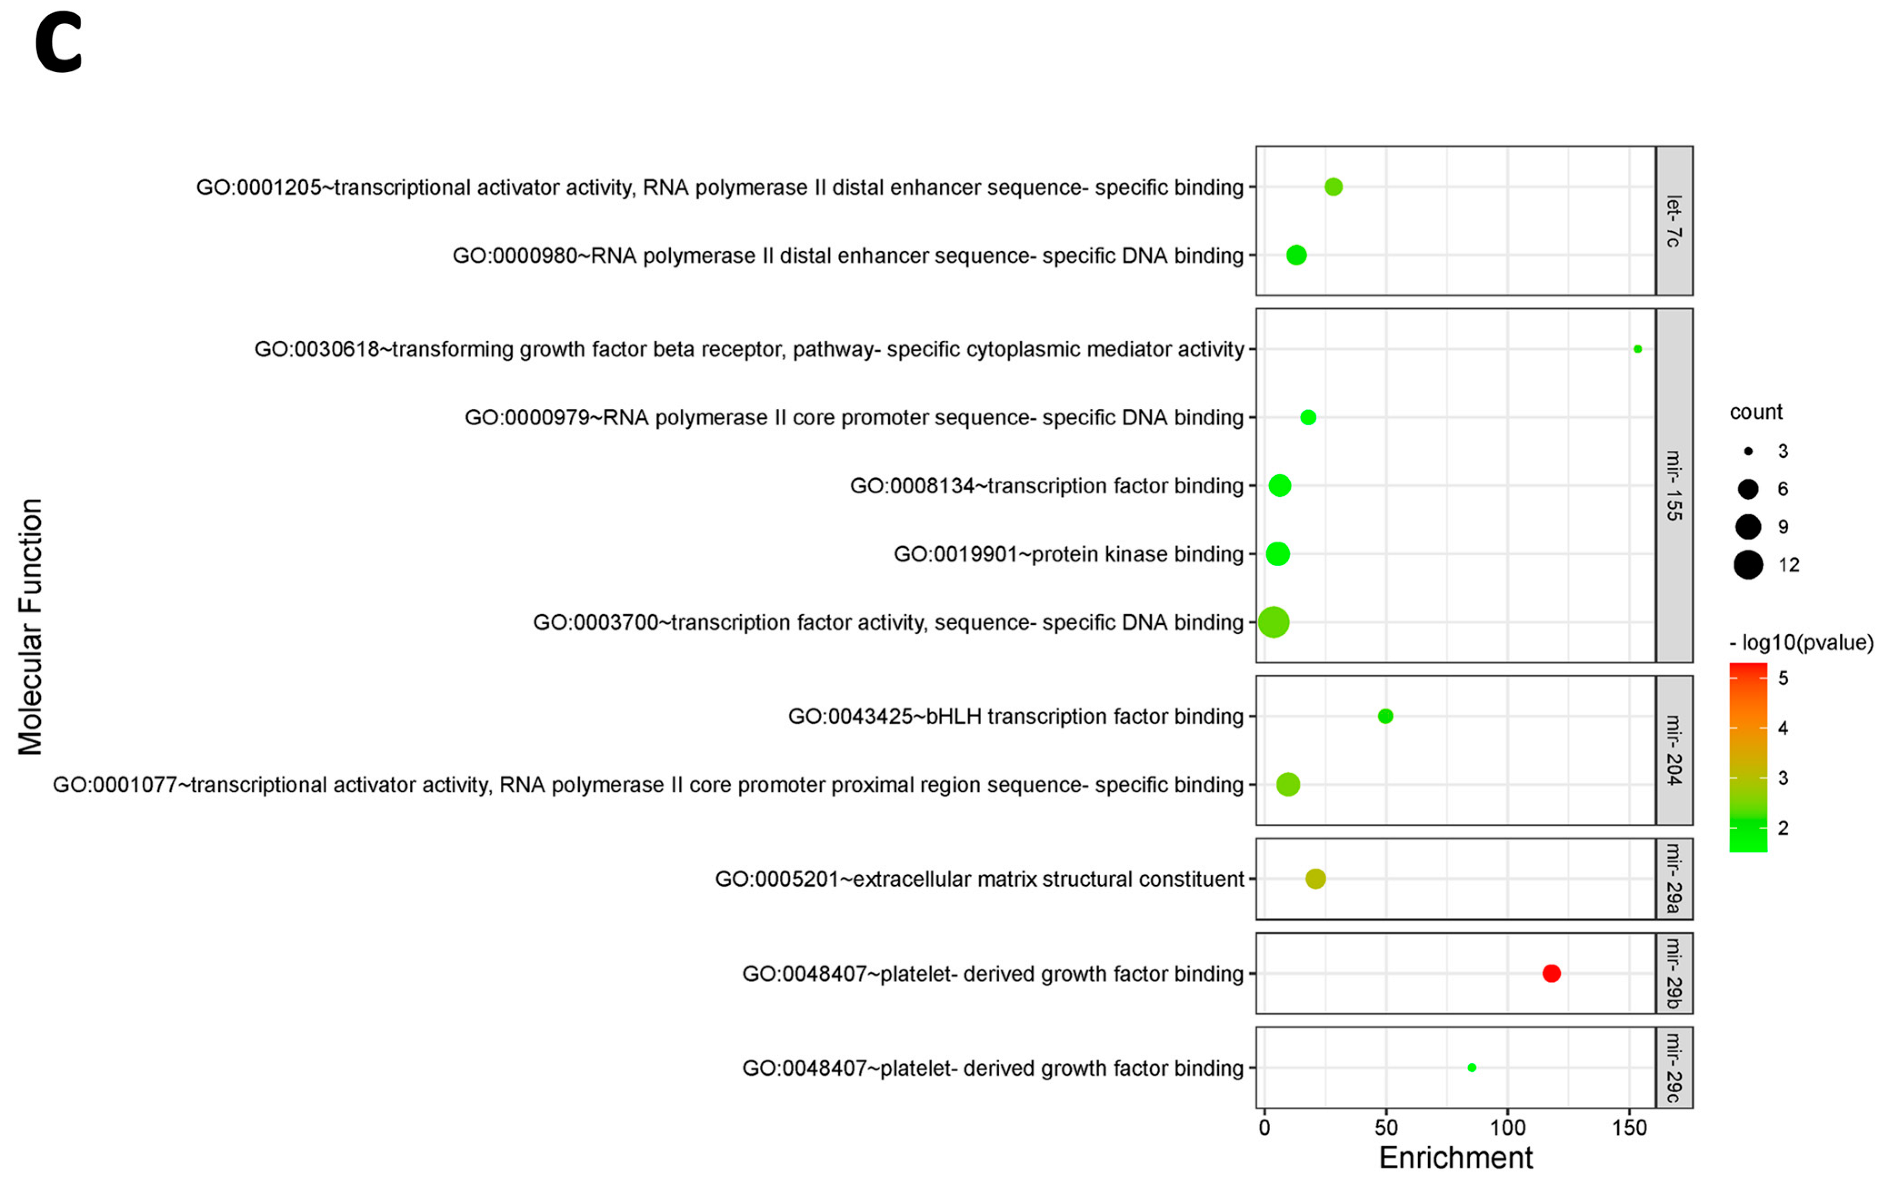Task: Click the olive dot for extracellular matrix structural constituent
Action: click(x=1315, y=879)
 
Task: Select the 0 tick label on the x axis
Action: click(x=1264, y=1129)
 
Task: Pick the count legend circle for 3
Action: click(x=1748, y=451)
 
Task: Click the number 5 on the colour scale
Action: click(x=1783, y=678)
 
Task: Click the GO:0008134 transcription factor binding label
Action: click(x=1047, y=486)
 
